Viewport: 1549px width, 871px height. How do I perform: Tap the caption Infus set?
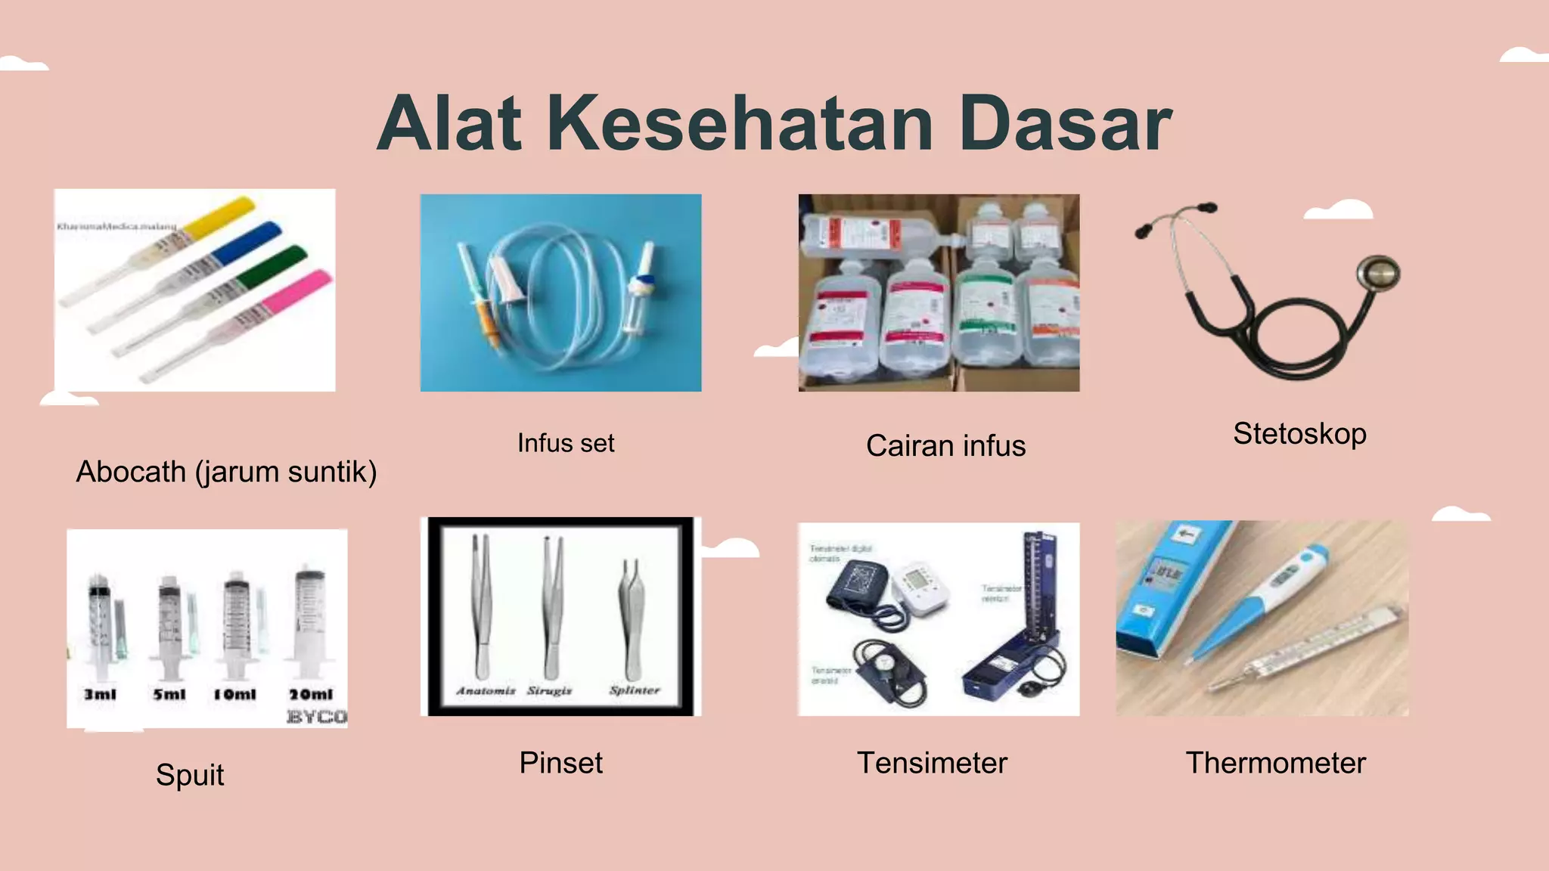pos(566,443)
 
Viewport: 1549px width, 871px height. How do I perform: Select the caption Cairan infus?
pos(945,446)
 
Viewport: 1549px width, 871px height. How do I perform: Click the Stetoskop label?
pos(1299,434)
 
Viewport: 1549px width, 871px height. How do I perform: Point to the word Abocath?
pos(131,472)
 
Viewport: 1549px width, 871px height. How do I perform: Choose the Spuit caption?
pos(190,775)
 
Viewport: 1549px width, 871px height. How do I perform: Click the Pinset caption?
pos(560,763)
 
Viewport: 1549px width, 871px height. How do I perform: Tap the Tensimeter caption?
pos(932,763)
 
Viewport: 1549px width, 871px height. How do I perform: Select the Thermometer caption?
pos(1275,763)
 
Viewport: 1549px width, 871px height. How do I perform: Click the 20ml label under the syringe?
pos(311,694)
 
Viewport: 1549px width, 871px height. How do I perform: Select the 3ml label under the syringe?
pos(100,694)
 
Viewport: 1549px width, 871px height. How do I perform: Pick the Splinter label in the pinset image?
pos(635,690)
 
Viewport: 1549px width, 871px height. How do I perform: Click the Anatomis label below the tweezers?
pos(486,690)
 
